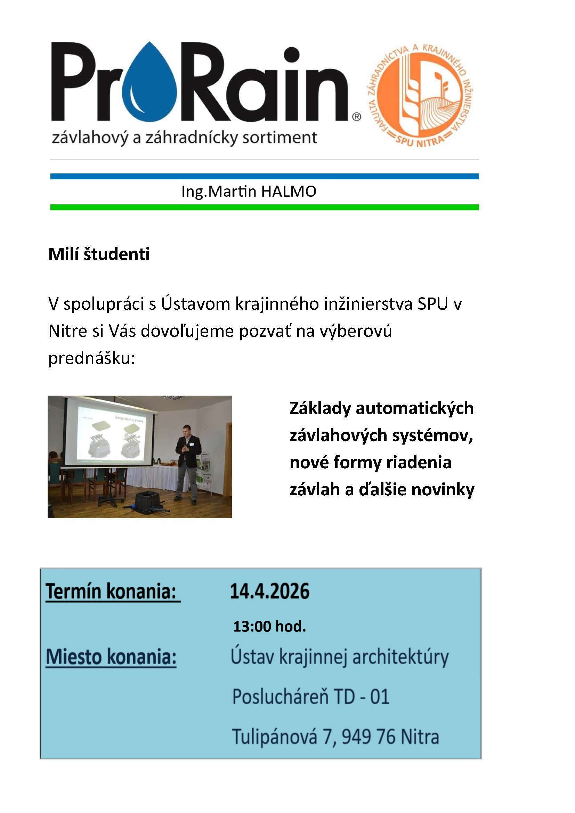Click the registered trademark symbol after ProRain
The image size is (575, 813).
[x=357, y=116]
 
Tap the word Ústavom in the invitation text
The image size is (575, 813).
[x=195, y=304]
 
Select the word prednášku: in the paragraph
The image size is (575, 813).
[x=92, y=358]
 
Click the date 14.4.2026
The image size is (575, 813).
[x=269, y=591]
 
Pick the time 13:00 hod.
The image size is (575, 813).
[x=269, y=626]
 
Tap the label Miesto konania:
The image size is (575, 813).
[x=111, y=657]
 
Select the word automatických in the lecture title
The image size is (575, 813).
[x=415, y=408]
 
